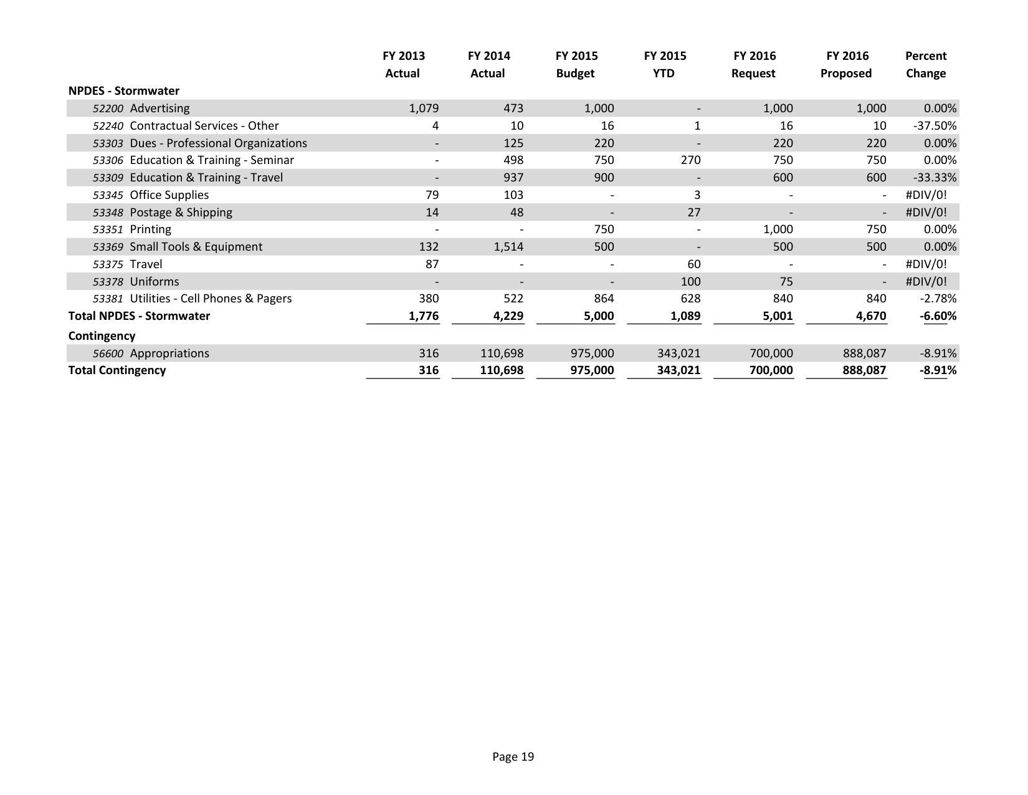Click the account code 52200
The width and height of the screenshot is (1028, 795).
108,108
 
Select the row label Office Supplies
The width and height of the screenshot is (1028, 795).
169,195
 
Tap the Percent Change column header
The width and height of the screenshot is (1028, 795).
925,65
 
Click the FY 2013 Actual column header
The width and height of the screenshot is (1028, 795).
403,65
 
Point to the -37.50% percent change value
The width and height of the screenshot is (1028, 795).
935,126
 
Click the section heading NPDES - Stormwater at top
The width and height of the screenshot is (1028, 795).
123,91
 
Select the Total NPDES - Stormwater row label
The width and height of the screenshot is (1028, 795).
139,316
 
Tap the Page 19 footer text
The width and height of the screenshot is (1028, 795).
513,757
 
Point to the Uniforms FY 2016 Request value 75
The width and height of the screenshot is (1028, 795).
786,282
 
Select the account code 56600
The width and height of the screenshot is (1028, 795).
108,354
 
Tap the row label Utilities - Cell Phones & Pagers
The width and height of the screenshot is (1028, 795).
211,299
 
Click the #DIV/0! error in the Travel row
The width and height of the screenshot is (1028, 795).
926,264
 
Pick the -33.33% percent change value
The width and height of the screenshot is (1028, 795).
935,178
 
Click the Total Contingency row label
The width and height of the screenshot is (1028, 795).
117,370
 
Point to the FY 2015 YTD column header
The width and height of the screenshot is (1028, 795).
665,65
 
